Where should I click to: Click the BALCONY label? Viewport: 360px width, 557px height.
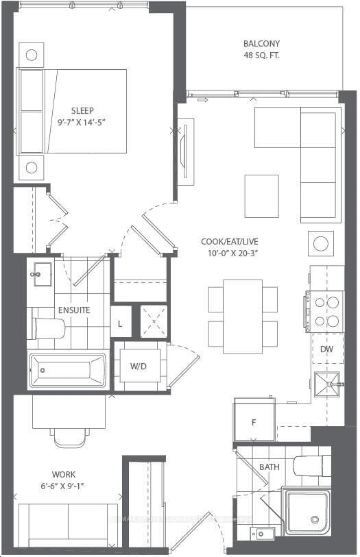tap(260, 43)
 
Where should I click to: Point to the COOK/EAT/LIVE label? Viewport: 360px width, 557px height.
tap(230, 242)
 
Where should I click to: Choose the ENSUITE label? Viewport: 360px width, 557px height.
tap(74, 310)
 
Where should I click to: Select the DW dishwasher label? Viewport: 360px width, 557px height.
tap(326, 349)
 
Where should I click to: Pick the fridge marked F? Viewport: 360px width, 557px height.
tap(254, 421)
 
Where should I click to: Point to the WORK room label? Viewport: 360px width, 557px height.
tap(64, 475)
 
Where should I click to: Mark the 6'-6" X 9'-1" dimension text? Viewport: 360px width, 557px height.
tap(64, 488)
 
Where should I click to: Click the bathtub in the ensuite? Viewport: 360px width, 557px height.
tap(67, 371)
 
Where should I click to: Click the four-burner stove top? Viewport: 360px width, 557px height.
tap(324, 310)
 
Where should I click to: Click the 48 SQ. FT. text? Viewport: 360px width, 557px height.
tap(260, 55)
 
